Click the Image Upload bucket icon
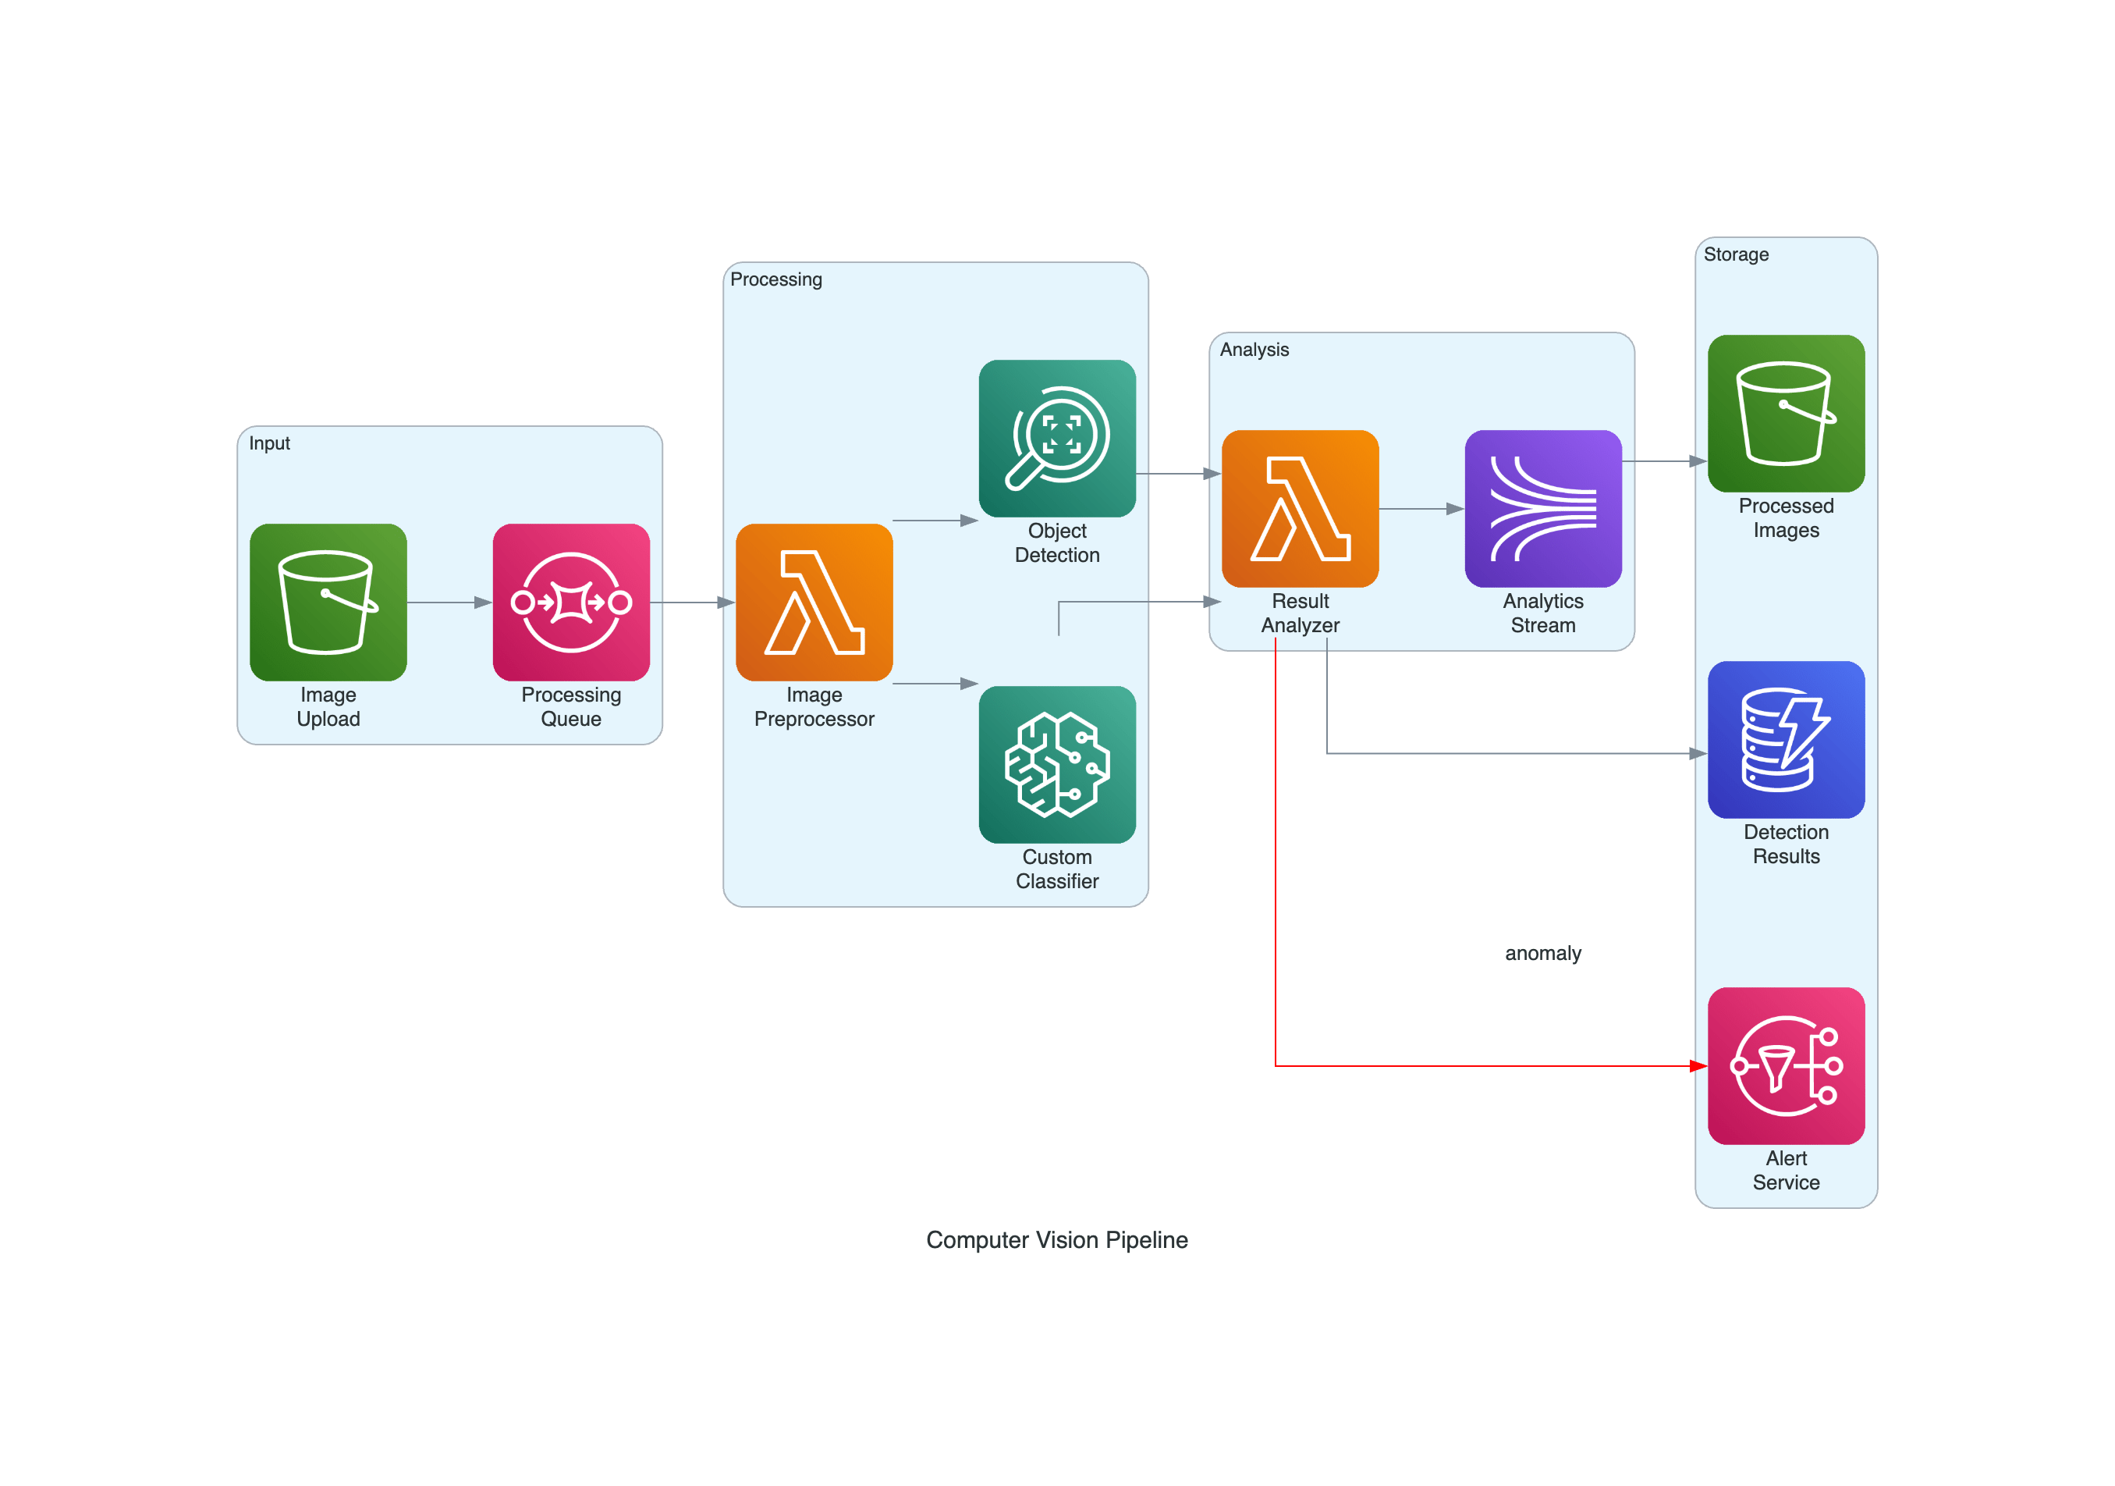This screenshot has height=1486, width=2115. tap(328, 602)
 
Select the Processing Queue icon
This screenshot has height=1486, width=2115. tap(571, 602)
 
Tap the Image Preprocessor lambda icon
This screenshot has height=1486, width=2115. tap(814, 602)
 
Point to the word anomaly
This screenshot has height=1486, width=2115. tap(1543, 953)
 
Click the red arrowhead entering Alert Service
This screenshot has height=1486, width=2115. tap(1698, 1066)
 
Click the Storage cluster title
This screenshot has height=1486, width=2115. tap(1736, 254)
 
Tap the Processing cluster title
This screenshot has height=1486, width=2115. tap(775, 279)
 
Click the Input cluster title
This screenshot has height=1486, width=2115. tap(269, 443)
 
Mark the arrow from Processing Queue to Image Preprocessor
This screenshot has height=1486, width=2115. tap(693, 603)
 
